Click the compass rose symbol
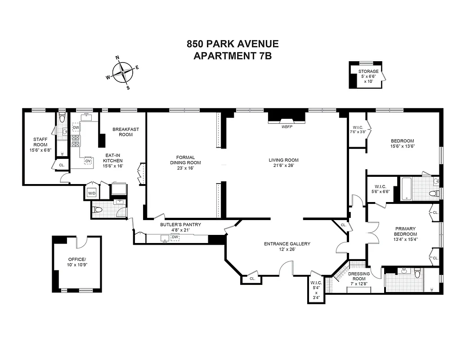[122, 72]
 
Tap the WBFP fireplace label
[287, 127]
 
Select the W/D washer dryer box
[91, 193]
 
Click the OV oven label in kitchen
[88, 161]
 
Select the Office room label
[76, 262]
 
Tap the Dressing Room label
[359, 276]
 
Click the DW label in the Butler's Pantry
[175, 237]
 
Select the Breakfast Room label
[125, 132]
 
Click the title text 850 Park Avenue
[233, 44]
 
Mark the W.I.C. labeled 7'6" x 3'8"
[358, 130]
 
